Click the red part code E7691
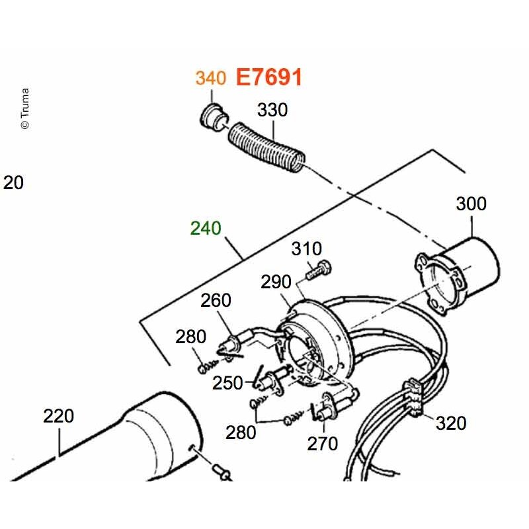point(268,77)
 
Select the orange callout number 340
point(211,78)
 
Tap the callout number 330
point(272,110)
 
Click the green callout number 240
point(206,228)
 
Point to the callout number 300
point(471,204)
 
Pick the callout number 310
point(307,249)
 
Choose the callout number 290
point(276,282)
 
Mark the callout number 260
point(216,300)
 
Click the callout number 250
point(227,383)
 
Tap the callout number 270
point(322,444)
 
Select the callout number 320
point(451,423)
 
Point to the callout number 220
point(58,416)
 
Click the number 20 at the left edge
point(13,183)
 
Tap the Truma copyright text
point(25,108)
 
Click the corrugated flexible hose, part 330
point(266,147)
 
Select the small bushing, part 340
point(213,118)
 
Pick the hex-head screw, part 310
point(319,270)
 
